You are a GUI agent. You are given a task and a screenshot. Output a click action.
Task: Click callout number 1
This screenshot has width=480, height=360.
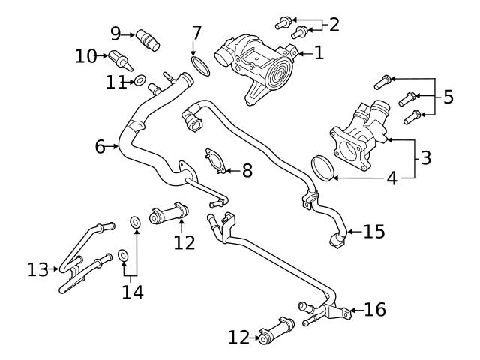(x=319, y=52)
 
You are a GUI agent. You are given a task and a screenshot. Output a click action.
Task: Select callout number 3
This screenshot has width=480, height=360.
(x=425, y=158)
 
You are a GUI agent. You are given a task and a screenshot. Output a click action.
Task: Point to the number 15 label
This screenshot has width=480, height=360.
(x=373, y=232)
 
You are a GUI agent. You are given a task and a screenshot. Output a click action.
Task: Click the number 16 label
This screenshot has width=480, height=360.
(x=376, y=309)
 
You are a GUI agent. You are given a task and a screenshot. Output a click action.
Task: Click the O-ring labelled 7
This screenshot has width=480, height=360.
(x=199, y=66)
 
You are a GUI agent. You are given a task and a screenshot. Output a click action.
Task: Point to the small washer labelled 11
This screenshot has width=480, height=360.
(x=139, y=79)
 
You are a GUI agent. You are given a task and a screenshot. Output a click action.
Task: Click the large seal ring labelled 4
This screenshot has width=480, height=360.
(x=323, y=168)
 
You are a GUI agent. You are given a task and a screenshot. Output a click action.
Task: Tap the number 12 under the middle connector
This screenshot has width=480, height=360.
(x=184, y=242)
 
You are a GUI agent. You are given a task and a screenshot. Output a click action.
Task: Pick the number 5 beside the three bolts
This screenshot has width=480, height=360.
(x=448, y=97)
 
